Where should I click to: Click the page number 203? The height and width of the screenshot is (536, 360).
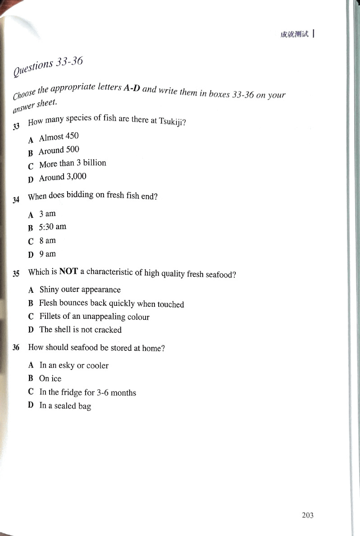click(x=308, y=515)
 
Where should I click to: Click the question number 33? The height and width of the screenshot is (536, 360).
click(x=17, y=127)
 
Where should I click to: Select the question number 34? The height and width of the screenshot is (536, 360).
click(x=17, y=199)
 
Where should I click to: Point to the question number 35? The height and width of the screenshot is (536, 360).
click(x=16, y=273)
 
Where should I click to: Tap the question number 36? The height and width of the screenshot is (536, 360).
click(x=16, y=348)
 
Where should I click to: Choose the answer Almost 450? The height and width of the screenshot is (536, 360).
click(x=59, y=136)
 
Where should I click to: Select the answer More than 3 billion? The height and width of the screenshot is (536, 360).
click(x=73, y=164)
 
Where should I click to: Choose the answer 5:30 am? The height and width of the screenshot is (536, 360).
click(x=52, y=227)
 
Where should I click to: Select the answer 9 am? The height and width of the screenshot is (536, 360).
click(x=47, y=254)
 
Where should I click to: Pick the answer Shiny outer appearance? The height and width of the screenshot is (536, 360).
click(x=80, y=290)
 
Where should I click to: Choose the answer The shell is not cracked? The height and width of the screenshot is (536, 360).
click(x=80, y=330)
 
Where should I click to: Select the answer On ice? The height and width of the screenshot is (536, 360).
click(x=50, y=379)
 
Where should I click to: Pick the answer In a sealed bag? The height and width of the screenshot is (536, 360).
click(x=65, y=406)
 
